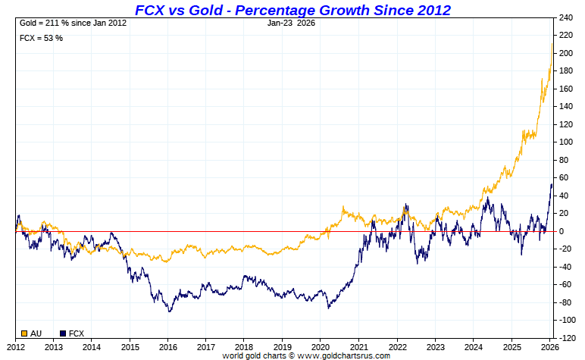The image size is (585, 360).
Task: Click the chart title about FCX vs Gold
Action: pyautogui.click(x=292, y=10)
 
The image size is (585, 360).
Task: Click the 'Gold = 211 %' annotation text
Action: pyautogui.click(x=73, y=23)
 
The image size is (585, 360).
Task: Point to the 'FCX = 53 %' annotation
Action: pyautogui.click(x=41, y=37)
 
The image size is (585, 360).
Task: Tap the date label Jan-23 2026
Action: pyautogui.click(x=292, y=23)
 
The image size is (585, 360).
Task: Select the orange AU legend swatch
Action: pyautogui.click(x=24, y=333)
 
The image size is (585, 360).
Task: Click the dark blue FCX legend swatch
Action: pyautogui.click(x=62, y=333)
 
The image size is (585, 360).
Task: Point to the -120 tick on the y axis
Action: pyautogui.click(x=567, y=338)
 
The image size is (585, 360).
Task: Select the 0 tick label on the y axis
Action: pyautogui.click(x=562, y=231)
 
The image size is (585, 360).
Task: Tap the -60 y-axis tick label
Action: pyautogui.click(x=565, y=285)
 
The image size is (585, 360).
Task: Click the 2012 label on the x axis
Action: pyautogui.click(x=16, y=347)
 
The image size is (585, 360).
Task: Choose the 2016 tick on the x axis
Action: pyautogui.click(x=167, y=347)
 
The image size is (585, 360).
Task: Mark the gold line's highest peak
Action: pyautogui.click(x=552, y=44)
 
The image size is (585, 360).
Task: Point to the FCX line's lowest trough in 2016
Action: pyautogui.click(x=170, y=311)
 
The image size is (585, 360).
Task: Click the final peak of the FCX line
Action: pyautogui.click(x=551, y=184)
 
